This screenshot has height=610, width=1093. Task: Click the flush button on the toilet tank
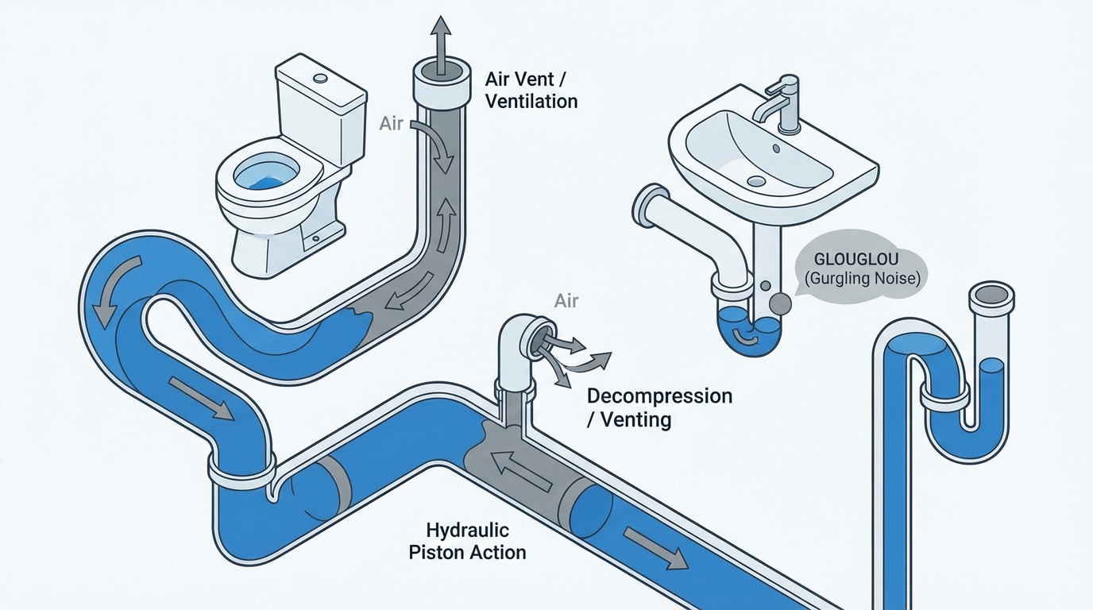(320, 79)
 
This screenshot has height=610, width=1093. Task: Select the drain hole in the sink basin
(756, 181)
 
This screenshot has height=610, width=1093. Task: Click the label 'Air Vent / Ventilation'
(531, 90)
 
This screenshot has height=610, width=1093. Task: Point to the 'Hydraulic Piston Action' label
(467, 540)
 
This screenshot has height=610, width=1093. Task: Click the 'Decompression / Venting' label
(659, 407)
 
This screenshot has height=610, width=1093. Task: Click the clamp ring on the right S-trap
(944, 393)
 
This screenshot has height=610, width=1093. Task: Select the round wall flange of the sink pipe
(651, 207)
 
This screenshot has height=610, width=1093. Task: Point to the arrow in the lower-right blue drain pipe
(655, 548)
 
